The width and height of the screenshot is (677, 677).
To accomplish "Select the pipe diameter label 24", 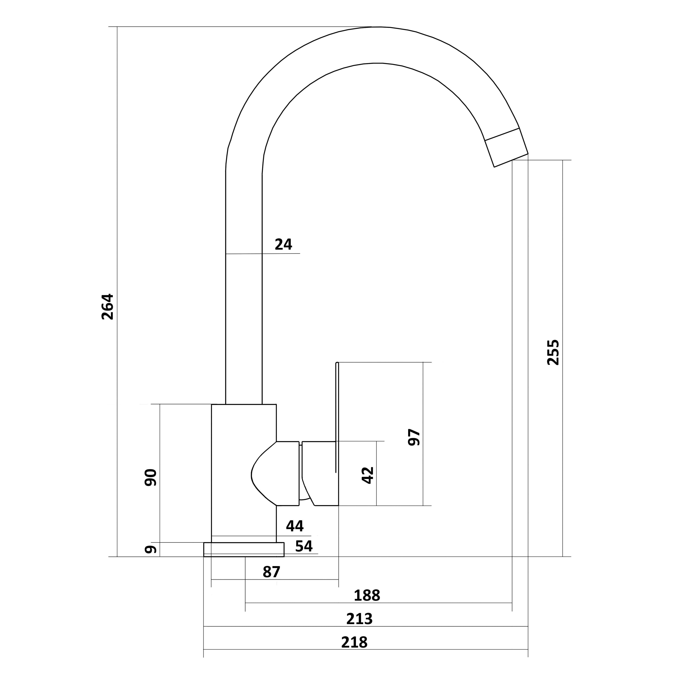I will point(283,244).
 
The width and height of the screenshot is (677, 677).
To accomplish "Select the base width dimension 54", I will point(303,546).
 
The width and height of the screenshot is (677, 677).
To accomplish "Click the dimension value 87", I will point(272,572).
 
